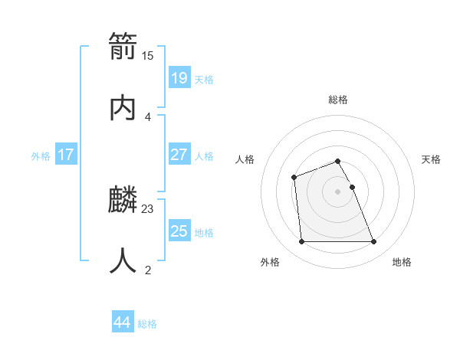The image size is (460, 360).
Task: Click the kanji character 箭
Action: [x=123, y=47]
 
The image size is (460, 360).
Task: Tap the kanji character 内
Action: [x=123, y=106]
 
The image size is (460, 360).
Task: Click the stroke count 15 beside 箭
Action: [x=148, y=55]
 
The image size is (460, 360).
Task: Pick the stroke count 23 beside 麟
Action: [x=148, y=208]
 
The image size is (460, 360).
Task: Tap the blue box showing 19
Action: [x=179, y=78]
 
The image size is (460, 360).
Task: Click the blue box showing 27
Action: [x=179, y=155]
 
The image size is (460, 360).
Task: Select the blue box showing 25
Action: [x=179, y=231]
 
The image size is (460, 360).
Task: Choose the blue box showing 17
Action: [x=65, y=155]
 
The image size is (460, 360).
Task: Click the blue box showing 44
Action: [x=122, y=322]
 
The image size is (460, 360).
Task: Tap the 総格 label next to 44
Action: [x=147, y=324]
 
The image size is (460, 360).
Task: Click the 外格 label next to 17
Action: [x=41, y=156]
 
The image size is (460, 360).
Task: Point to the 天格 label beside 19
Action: [x=204, y=80]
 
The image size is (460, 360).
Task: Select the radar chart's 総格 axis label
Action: [x=338, y=100]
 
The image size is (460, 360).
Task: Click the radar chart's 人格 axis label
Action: [x=245, y=159]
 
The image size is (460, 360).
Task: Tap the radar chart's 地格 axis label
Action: [x=402, y=262]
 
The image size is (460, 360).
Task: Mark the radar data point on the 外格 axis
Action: [x=301, y=242]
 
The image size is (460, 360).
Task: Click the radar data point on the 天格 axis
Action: [x=352, y=187]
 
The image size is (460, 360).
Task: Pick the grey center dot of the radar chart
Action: [x=338, y=191]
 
